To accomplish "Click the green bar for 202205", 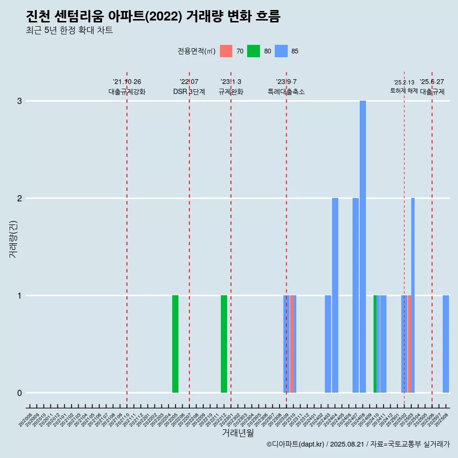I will (175, 343).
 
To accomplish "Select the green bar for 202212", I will (224, 343).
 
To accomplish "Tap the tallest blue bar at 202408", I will (363, 246).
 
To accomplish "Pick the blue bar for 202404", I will (335, 295).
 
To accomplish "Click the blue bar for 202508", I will (446, 343).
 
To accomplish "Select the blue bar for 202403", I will (328, 343).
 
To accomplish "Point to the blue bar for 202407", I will (355, 295).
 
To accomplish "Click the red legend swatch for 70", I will (226, 51).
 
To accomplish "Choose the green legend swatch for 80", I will (253, 51).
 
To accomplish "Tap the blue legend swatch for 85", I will (281, 51).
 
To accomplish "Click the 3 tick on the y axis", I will (20, 101).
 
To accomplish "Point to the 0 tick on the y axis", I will (20, 393).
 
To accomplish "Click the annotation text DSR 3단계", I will (189, 92).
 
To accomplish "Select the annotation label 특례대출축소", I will (286, 92).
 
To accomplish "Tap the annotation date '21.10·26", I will (127, 82).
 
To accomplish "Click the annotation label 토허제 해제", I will (404, 91).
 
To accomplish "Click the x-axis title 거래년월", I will (238, 433).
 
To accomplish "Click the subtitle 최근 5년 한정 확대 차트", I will (70, 31).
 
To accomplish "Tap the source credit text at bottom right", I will (358, 445).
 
